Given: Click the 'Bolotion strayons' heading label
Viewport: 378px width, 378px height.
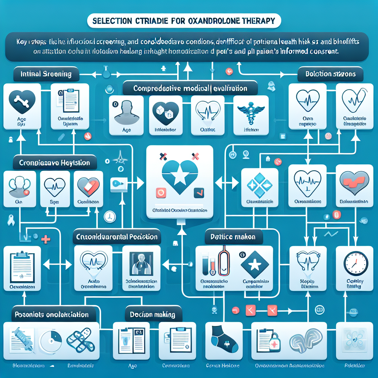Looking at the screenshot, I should click(x=330, y=74).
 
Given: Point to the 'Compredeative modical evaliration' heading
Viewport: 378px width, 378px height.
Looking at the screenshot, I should click(x=190, y=89).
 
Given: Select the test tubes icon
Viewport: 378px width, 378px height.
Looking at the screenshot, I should click(x=208, y=263).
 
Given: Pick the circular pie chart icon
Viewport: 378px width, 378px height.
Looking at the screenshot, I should click(x=50, y=341).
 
